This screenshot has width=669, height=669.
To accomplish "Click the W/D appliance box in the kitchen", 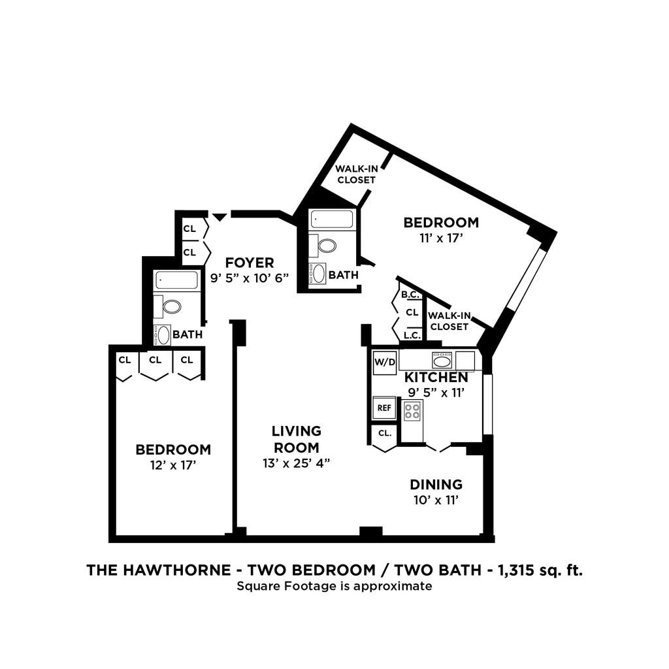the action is tap(385, 362).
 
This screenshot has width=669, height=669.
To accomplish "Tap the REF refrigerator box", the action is tap(384, 408).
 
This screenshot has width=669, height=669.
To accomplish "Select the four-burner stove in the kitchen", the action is tap(412, 411).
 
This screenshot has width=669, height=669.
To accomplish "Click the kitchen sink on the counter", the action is tap(442, 360).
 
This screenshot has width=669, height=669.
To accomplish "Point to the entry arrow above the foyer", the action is tap(220, 216).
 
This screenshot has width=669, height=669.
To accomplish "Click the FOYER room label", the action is tap(250, 263).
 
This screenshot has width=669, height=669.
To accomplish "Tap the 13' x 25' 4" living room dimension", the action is tap(296, 463).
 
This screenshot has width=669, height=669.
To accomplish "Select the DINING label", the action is tap(436, 484).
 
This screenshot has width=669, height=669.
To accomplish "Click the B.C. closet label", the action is tap(410, 295).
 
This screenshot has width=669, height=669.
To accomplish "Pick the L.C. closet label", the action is tap(412, 335).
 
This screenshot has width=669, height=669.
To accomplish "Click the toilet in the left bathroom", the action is tap(172, 306).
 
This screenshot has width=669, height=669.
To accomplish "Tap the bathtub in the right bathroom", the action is tap(333, 219).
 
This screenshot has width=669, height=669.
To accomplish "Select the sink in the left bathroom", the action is tap(163, 335).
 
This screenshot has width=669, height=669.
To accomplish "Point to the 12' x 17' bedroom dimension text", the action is tap(173, 465).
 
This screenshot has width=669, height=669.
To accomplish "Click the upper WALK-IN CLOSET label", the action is tap(356, 174).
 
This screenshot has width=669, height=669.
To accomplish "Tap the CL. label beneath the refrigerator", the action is tap(384, 432).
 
